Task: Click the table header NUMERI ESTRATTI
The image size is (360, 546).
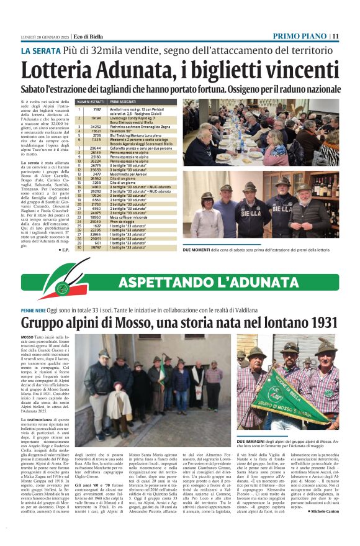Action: (x=91, y=101)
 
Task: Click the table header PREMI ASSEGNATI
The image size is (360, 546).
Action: (x=125, y=101)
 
